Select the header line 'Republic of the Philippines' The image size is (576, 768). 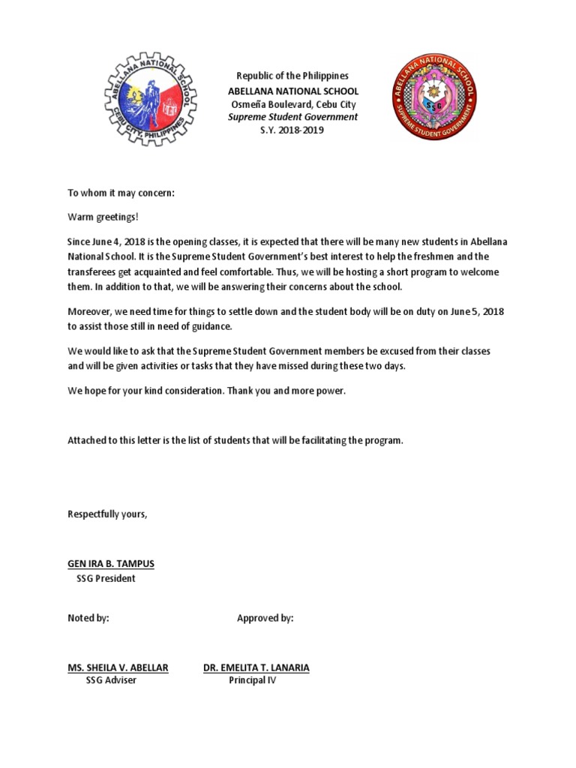tap(292, 76)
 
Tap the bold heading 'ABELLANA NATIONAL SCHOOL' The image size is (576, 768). tap(292, 90)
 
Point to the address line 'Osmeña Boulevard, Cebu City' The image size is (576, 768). tap(292, 103)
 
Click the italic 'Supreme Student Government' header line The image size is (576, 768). tap(292, 117)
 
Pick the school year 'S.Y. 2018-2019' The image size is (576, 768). tap(292, 130)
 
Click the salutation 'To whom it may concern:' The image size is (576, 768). tap(121, 193)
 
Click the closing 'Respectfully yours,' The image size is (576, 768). tap(108, 514)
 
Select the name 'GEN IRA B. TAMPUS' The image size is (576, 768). tap(111, 564)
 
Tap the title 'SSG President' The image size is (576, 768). tap(106, 579)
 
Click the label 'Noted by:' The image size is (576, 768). tap(88, 618)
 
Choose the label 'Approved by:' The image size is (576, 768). tap(265, 618)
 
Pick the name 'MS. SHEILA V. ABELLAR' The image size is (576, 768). tap(118, 667)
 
